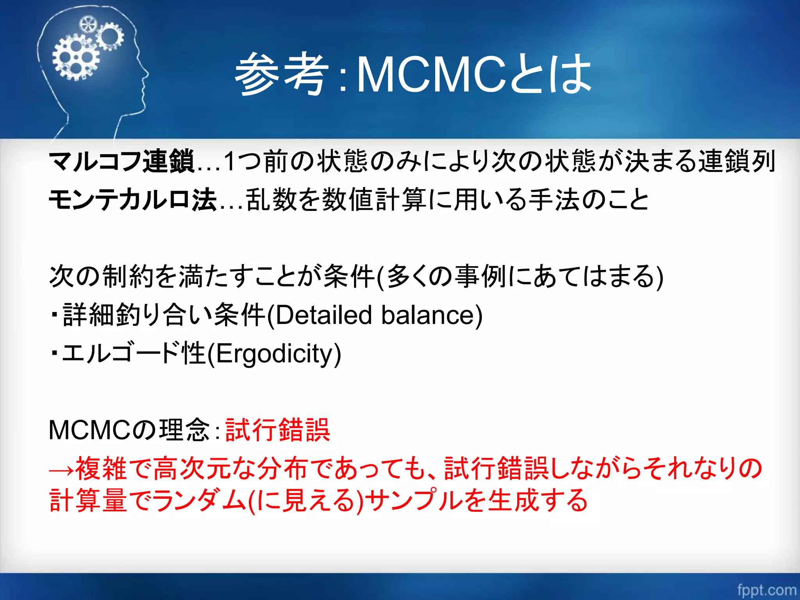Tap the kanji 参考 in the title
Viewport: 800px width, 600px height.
tap(280, 74)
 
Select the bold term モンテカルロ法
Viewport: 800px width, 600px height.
tap(133, 200)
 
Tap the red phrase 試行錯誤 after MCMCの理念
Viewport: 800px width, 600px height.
tap(278, 430)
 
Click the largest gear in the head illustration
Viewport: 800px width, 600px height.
tap(75, 57)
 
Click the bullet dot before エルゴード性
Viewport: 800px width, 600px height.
tap(55, 354)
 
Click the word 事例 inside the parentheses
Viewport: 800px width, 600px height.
tap(481, 277)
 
